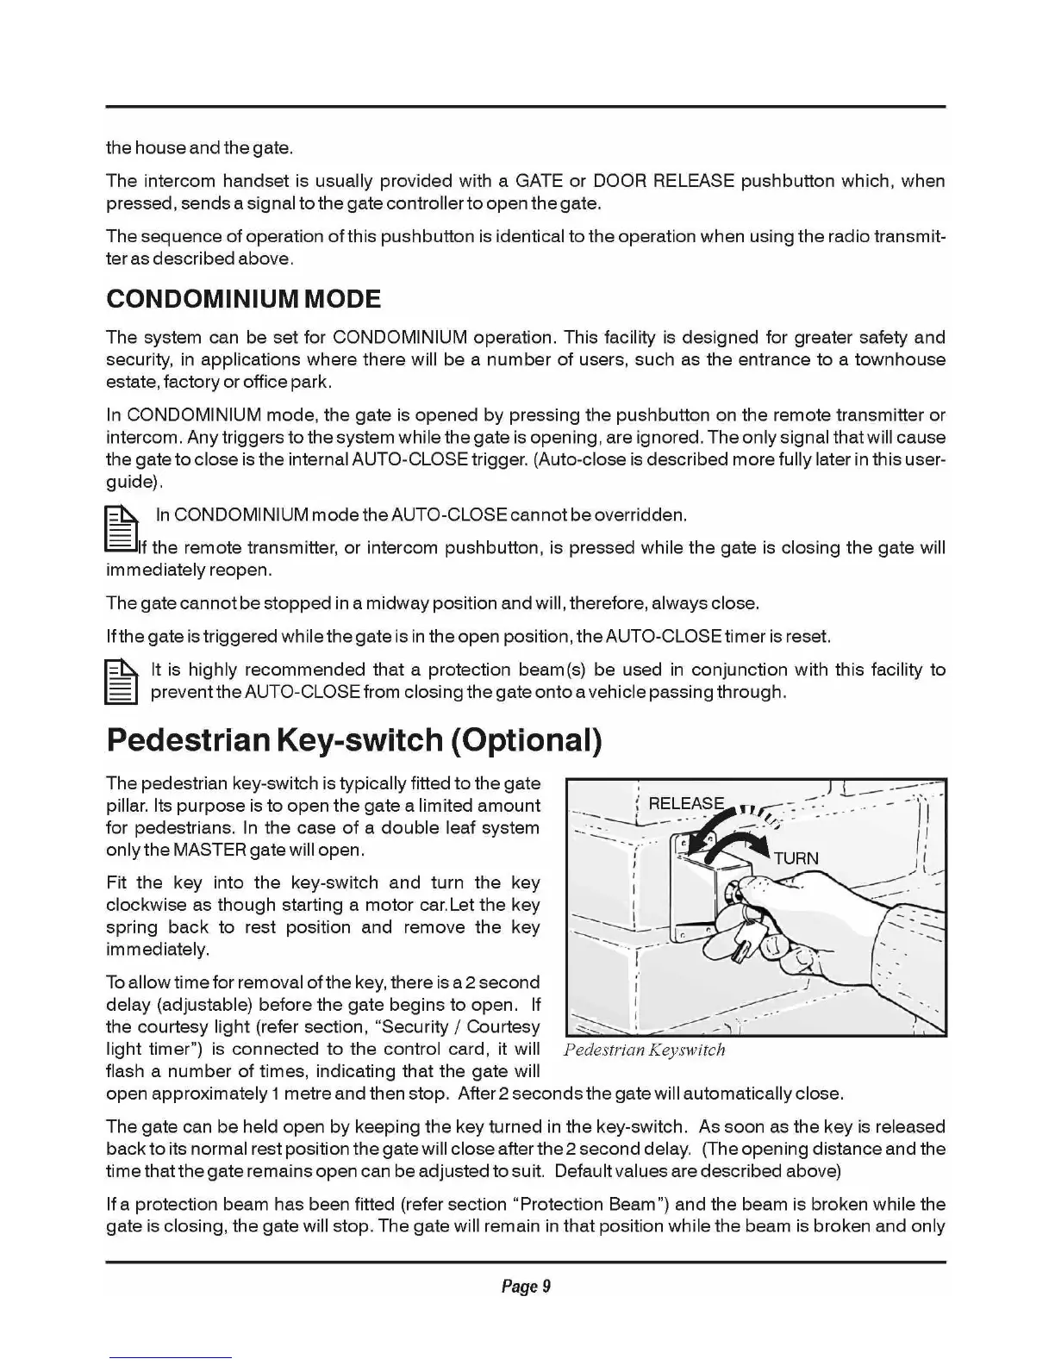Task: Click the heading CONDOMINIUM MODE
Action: pyautogui.click(x=243, y=299)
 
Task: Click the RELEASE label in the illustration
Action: pyautogui.click(x=686, y=803)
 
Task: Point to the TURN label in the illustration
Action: pyautogui.click(x=796, y=859)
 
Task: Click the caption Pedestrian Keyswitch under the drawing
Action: pyautogui.click(x=644, y=1050)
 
